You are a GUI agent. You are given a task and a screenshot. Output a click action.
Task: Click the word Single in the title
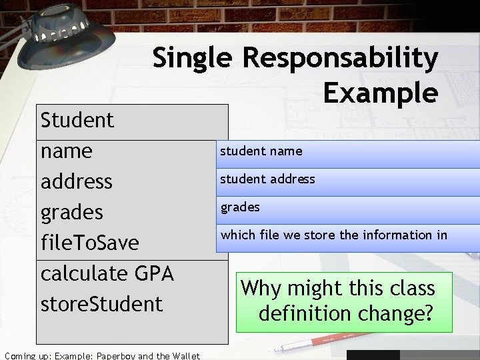189,59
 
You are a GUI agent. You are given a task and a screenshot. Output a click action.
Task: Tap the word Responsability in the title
340,59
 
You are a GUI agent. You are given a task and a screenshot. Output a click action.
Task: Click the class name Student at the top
77,121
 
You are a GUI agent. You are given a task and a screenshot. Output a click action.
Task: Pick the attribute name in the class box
67,151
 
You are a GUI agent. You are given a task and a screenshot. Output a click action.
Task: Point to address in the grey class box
76,181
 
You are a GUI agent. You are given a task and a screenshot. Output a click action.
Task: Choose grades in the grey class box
72,213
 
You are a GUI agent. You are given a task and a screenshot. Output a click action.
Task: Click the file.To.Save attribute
89,243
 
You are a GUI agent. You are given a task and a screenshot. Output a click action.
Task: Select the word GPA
153,273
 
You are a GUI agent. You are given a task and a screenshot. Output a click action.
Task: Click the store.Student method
101,304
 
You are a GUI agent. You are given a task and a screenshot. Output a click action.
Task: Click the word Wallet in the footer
182,355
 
